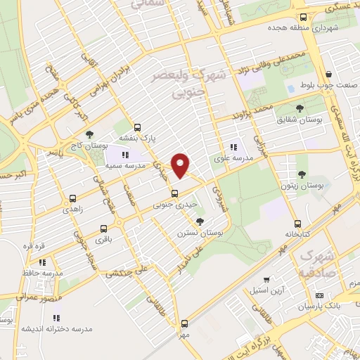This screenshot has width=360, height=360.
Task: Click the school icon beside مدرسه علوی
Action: coord(233,148)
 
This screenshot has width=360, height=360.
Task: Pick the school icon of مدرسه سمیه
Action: coord(125,154)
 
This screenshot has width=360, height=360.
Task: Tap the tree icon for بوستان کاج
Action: coord(89,135)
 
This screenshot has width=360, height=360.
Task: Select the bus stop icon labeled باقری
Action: coord(104,229)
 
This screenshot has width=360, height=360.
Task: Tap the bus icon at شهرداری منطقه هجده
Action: coord(303,18)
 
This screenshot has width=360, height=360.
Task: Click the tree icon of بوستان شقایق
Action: coord(300,108)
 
